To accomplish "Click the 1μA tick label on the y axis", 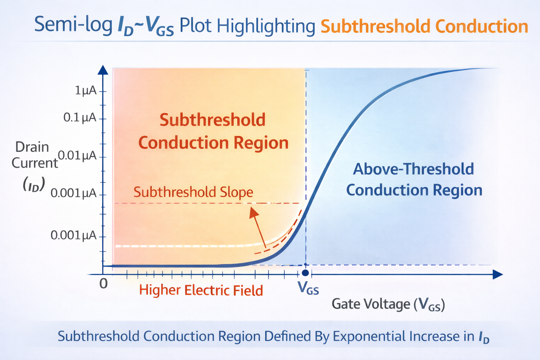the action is pyautogui.click(x=86, y=91).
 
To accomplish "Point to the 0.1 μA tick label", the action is pyautogui.click(x=80, y=118).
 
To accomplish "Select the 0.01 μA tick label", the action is pyautogui.click(x=77, y=155).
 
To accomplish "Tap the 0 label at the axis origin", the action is pyautogui.click(x=104, y=284).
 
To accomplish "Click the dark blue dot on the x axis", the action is pyautogui.click(x=306, y=273).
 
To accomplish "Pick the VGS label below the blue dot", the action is pyautogui.click(x=308, y=288).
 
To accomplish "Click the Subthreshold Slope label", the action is pyautogui.click(x=193, y=192).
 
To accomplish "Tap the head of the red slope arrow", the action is pyautogui.click(x=253, y=213).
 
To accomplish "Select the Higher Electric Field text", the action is pyautogui.click(x=201, y=290).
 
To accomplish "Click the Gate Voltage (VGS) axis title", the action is pyautogui.click(x=388, y=304).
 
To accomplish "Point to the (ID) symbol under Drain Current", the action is pyautogui.click(x=34, y=185).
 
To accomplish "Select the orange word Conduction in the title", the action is pyautogui.click(x=482, y=26).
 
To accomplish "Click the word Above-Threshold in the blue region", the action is pyautogui.click(x=413, y=169).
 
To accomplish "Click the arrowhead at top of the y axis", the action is pyautogui.click(x=103, y=70).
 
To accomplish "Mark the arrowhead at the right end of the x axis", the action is pyautogui.click(x=497, y=275).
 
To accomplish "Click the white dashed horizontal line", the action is pyautogui.click(x=188, y=246).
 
